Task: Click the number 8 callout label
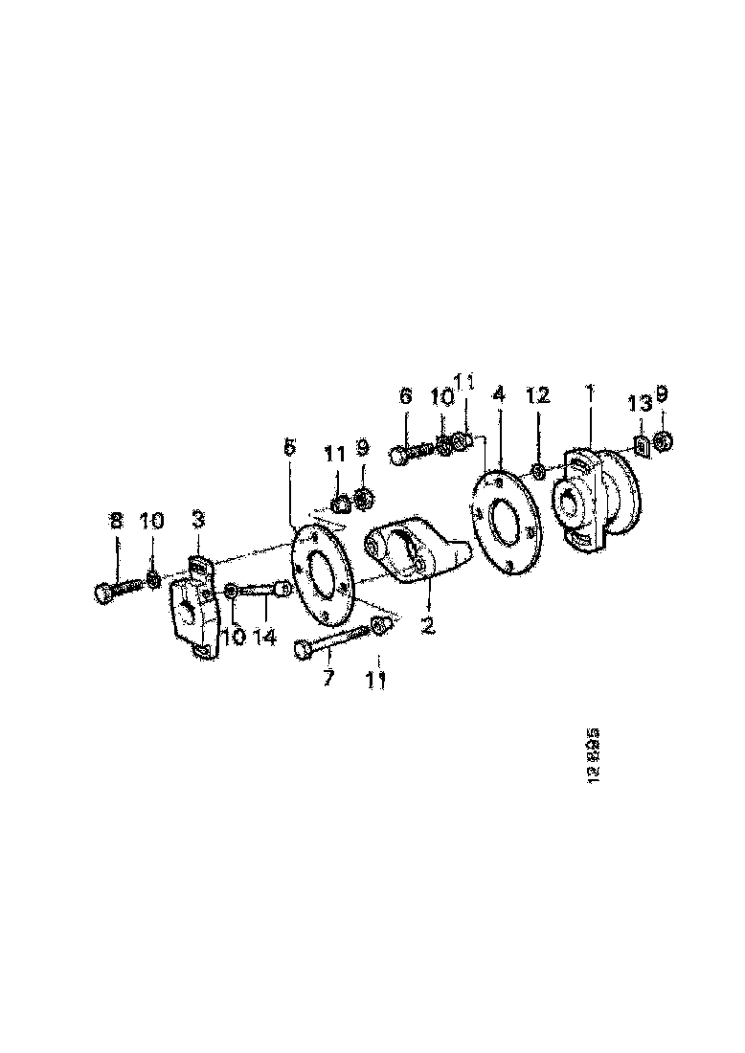pos(116,522)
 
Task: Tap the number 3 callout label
pos(198,521)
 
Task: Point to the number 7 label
pos(328,679)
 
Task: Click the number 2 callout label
pos(427,627)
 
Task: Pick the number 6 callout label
pos(405,395)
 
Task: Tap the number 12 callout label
pos(538,394)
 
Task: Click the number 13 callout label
pos(640,405)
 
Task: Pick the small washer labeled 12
pos(539,469)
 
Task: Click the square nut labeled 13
pos(641,444)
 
